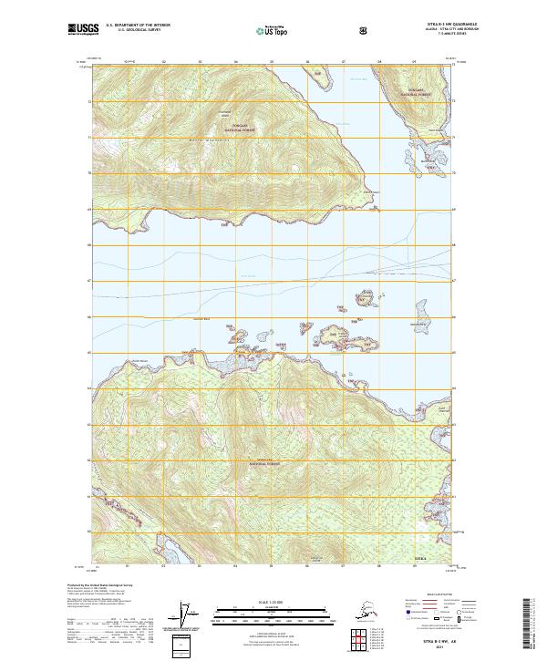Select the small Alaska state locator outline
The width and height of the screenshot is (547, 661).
360,612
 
